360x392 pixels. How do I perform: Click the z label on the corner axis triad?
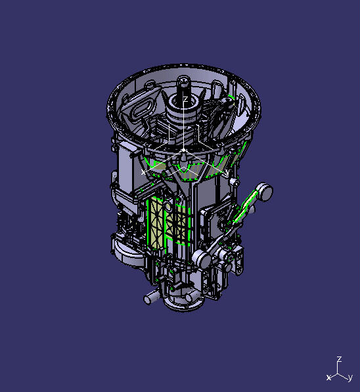(339, 359)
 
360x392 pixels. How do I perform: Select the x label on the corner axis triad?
(328, 378)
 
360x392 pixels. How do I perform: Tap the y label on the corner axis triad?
(350, 378)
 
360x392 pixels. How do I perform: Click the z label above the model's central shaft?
(186, 100)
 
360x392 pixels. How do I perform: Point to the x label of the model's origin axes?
(144, 171)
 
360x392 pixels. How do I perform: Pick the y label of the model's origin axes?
(227, 172)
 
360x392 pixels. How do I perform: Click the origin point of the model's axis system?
(185, 150)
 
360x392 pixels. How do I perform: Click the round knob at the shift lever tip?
(265, 191)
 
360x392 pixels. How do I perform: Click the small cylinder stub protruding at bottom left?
(150, 297)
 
